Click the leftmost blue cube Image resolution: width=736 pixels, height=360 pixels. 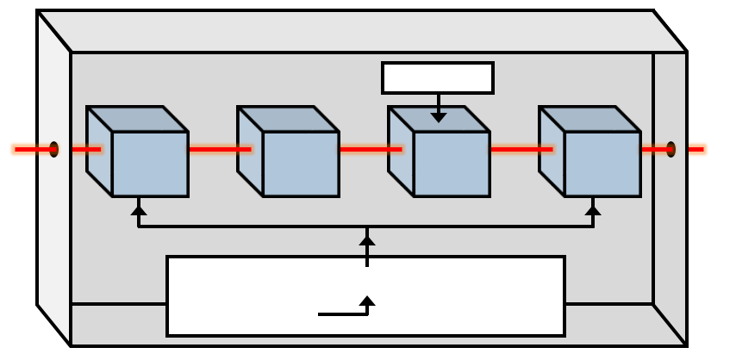149,164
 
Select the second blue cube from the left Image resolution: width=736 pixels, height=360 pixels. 299,164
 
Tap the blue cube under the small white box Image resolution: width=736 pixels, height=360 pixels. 450,164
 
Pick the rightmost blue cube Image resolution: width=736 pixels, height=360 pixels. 601,164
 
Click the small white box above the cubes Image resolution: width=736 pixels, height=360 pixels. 438,78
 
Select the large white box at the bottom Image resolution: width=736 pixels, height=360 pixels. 365,295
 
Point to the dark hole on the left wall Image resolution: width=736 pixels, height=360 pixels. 53,149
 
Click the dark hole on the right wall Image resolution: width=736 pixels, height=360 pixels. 671,149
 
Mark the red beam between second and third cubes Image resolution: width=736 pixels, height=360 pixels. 370,149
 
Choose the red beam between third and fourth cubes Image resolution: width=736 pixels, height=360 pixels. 521,149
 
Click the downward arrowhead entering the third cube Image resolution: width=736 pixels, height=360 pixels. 439,117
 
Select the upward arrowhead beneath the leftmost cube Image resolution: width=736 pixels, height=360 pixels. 138,208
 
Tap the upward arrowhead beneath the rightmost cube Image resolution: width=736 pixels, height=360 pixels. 593,208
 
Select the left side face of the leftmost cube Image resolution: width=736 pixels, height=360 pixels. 100,151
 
